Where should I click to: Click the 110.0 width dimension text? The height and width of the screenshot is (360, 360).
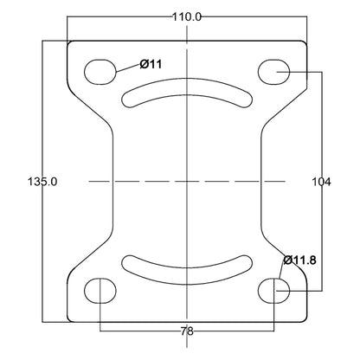coord(186,16)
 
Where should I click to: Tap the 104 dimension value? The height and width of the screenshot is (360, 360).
coord(321,182)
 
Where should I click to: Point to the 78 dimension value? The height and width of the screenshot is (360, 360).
coord(186,331)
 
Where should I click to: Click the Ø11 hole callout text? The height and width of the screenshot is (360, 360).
coord(151,63)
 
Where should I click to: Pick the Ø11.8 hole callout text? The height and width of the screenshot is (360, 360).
coord(299,259)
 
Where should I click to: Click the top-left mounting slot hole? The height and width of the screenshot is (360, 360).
coord(100,69)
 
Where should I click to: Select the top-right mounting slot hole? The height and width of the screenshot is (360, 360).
coord(273,69)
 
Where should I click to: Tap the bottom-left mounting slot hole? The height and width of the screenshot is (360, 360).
coord(100,291)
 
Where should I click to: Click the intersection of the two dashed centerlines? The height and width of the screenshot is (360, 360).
coord(186,182)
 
